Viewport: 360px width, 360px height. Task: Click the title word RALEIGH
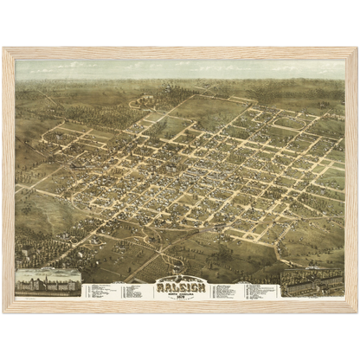tap(181, 282)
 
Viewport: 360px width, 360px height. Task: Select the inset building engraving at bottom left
tap(49, 282)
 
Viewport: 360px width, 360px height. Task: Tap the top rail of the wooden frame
tap(180, 51)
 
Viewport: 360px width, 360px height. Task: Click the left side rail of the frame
tap(8, 180)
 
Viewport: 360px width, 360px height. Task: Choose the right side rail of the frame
tap(352, 180)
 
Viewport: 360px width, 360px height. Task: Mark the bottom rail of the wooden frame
tap(180, 307)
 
